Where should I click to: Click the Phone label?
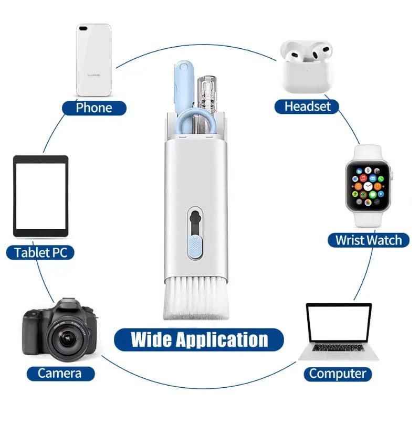point(94,108)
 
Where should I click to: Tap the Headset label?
point(308,106)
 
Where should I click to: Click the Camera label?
point(59,373)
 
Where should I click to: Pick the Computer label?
point(337,374)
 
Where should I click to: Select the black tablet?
point(40,196)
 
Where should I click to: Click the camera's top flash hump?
point(66,304)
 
